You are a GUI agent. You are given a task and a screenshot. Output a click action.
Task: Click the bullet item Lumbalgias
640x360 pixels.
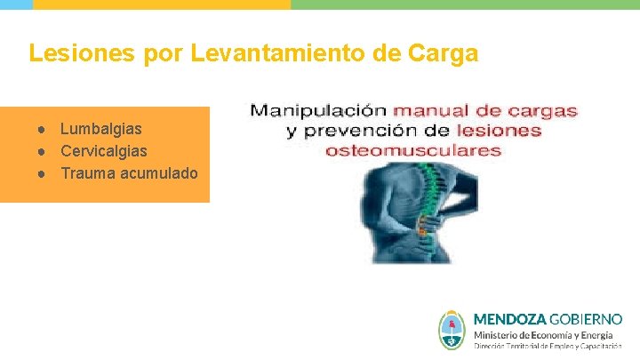click(x=100, y=130)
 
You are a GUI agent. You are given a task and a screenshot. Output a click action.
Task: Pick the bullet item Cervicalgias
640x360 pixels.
click(x=104, y=151)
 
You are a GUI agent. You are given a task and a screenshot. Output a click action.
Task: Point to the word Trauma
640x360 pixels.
click(x=85, y=172)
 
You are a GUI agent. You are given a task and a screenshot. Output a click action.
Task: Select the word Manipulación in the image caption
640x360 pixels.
click(x=317, y=111)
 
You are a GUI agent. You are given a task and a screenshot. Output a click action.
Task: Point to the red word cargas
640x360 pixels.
click(x=542, y=111)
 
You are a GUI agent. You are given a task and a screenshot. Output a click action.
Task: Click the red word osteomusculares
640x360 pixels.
click(x=413, y=150)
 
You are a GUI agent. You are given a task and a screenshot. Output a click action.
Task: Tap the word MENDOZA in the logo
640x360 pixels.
click(x=509, y=318)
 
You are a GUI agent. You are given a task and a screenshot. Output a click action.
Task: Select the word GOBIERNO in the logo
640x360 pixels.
click(x=586, y=318)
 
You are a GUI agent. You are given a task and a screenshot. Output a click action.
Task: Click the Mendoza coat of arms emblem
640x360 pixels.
click(x=452, y=330)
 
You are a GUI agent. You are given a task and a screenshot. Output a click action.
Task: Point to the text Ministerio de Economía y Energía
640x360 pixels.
click(x=543, y=334)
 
